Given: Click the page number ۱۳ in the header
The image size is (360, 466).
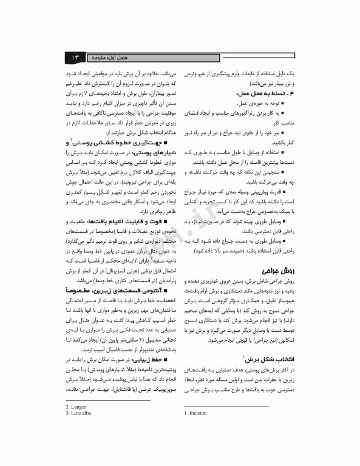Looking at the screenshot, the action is (x=76, y=57).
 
